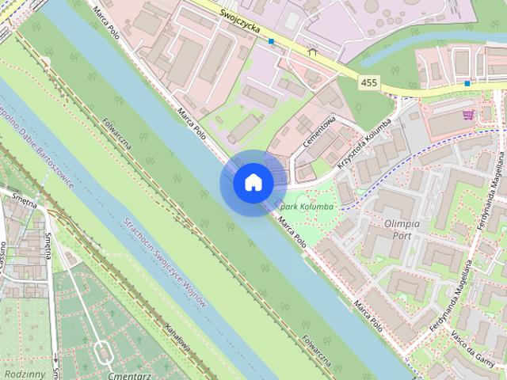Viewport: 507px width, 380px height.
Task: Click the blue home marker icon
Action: point(253,183)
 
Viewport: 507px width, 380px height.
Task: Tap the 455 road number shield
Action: point(368,82)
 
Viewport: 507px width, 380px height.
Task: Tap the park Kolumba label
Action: point(308,207)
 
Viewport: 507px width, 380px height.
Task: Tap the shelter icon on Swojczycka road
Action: point(312,53)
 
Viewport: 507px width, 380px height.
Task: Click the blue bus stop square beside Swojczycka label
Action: point(271,41)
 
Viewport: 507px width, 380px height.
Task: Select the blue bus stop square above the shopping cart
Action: point(467,82)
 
